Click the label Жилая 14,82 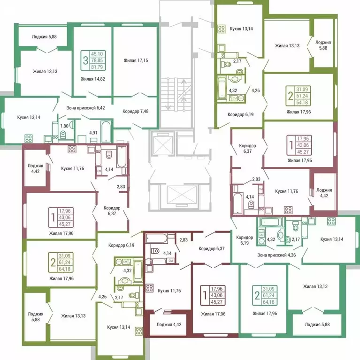pyautogui.click(x=92, y=79)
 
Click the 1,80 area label pyautogui.click(x=64, y=126)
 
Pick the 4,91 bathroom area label pyautogui.click(x=92, y=132)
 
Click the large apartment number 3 pyautogui.click(x=85, y=60)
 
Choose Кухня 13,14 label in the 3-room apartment pyautogui.click(x=29, y=117)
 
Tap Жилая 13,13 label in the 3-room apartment pyautogui.click(x=45, y=72)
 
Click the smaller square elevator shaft pyautogui.click(x=162, y=142)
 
